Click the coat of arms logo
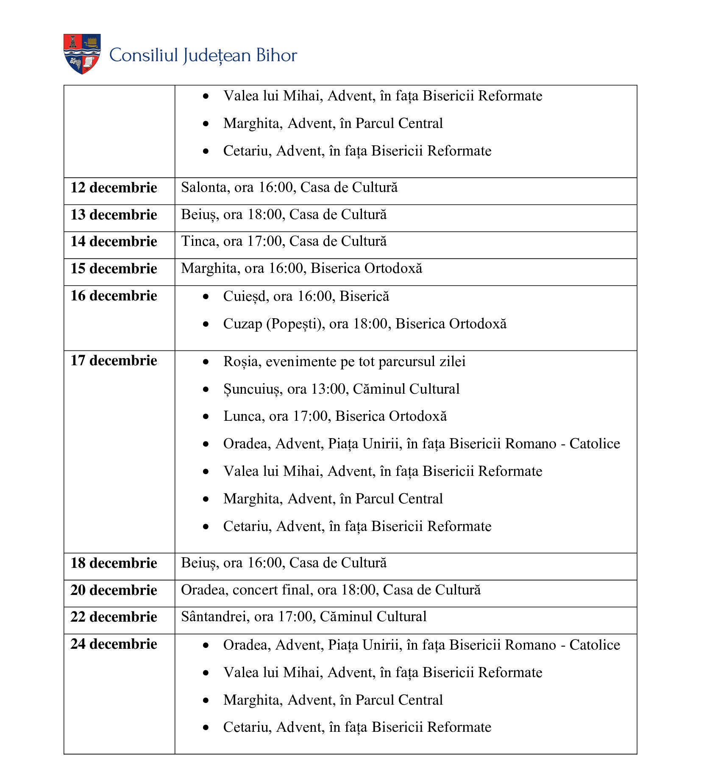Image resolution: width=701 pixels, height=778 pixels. (x=82, y=54)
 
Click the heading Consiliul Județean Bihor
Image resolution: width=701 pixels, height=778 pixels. (x=203, y=56)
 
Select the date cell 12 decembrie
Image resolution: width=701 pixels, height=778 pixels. (x=114, y=188)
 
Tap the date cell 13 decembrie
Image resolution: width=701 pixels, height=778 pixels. (x=114, y=215)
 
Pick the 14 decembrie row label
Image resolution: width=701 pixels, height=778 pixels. (x=114, y=242)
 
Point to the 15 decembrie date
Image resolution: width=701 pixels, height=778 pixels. (x=114, y=269)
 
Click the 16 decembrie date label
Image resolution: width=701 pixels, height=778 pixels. (x=114, y=296)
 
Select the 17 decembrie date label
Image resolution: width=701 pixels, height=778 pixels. (x=114, y=361)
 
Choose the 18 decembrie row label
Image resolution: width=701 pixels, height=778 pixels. (x=114, y=563)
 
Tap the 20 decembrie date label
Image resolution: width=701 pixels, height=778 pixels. (x=114, y=590)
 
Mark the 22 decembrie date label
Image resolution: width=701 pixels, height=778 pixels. (x=114, y=617)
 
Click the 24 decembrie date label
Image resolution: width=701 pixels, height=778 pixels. (x=114, y=644)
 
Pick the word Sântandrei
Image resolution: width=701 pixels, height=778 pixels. (x=214, y=617)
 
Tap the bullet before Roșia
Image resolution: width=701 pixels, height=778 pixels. (x=206, y=362)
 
